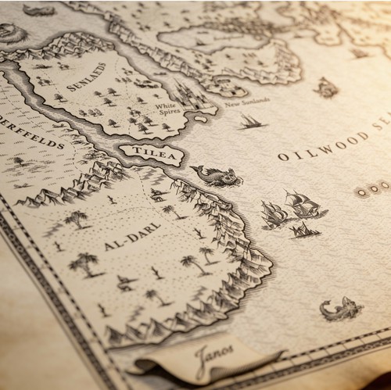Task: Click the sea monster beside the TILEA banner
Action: pyautogui.click(x=217, y=176)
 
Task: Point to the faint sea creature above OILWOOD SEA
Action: pyautogui.click(x=327, y=88)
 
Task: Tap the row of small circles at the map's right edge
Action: pyautogui.click(x=372, y=188)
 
